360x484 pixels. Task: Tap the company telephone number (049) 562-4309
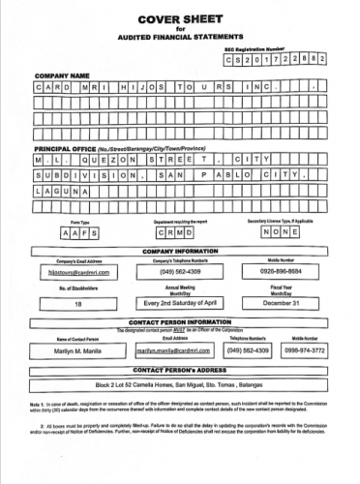[x=181, y=273]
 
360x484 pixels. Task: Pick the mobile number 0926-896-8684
[x=287, y=273]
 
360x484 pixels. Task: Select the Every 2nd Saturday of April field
[x=181, y=303]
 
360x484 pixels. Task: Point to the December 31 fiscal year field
[x=287, y=303]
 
